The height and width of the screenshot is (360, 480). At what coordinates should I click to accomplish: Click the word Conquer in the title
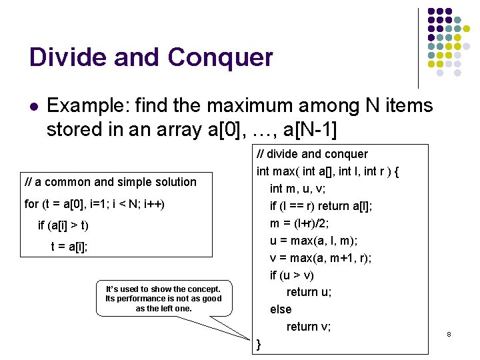point(221,58)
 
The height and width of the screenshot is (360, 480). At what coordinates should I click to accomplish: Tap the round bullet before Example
point(34,106)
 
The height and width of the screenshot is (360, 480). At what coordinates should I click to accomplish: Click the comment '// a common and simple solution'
point(111,182)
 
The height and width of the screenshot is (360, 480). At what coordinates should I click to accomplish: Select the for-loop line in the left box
point(94,203)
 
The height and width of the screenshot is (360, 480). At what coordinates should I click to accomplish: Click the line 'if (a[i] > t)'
point(64,225)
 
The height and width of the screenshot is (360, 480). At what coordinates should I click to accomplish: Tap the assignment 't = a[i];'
point(69,246)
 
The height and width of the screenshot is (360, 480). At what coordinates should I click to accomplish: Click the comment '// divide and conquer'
point(312,154)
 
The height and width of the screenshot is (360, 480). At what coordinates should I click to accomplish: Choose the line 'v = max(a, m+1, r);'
point(321,258)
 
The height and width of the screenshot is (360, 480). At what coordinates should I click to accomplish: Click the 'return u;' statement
point(309,292)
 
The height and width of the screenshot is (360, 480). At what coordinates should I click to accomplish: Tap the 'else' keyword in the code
point(281,309)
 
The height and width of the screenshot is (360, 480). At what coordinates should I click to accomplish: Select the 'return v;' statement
point(309,327)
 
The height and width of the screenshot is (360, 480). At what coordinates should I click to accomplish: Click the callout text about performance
point(163,298)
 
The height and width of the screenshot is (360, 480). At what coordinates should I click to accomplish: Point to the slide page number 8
point(449,333)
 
